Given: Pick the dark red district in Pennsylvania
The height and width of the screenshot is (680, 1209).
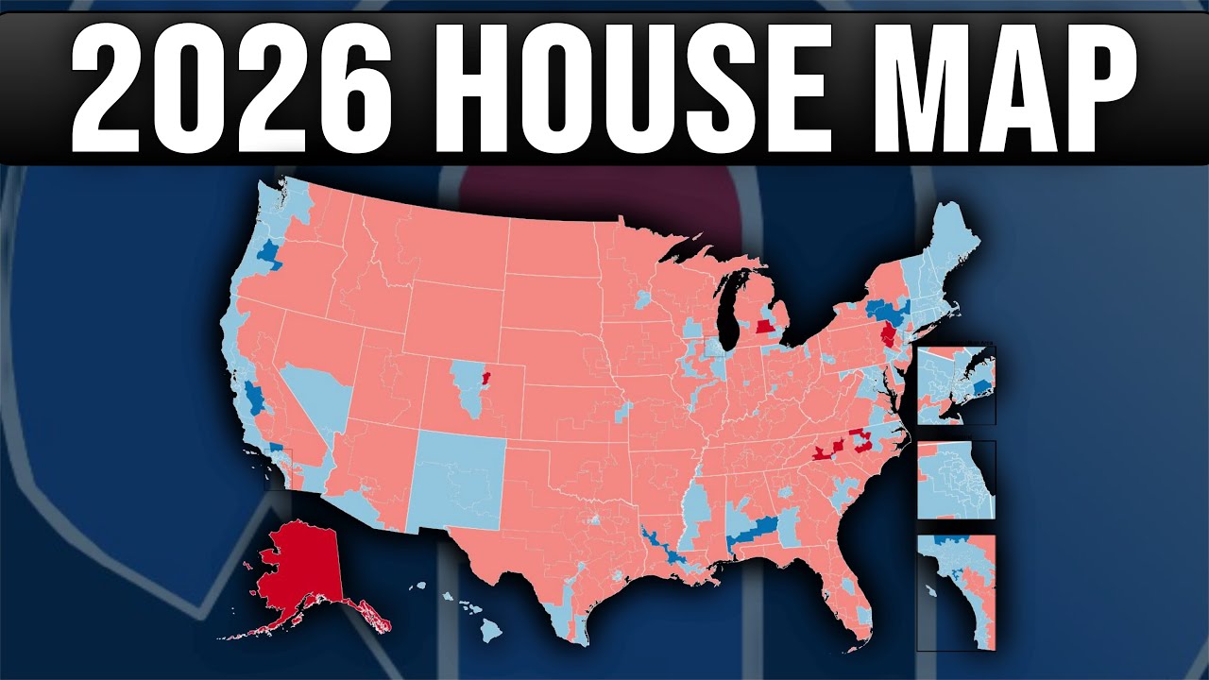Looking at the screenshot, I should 888,336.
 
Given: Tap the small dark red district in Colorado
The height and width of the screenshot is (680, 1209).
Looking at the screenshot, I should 485,378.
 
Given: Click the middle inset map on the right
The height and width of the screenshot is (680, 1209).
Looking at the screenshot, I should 956,480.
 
